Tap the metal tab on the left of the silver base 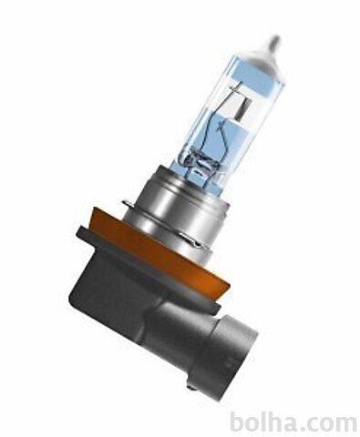[x=129, y=203]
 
